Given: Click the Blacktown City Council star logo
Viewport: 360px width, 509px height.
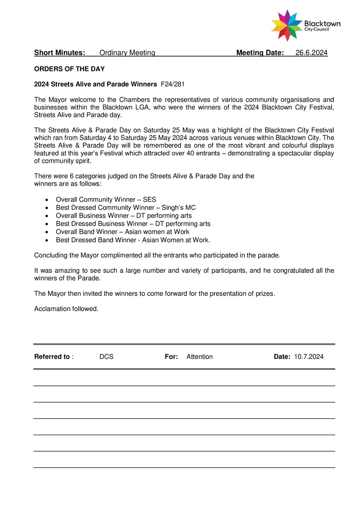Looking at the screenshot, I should pyautogui.click(x=287, y=26).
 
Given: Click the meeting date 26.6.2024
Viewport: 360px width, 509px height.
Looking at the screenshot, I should pyautogui.click(x=311, y=53).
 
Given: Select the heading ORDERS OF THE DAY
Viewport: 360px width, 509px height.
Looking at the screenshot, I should pyautogui.click(x=69, y=69).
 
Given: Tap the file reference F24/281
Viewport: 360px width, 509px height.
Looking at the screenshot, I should pyautogui.click(x=173, y=84).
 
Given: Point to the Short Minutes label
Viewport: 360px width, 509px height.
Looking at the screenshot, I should pyautogui.click(x=60, y=53).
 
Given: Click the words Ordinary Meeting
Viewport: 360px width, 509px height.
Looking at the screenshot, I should pyautogui.click(x=127, y=53).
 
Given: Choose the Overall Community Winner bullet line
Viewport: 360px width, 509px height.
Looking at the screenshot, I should pyautogui.click(x=106, y=199).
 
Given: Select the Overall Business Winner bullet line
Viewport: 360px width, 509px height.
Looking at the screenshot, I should pyautogui.click(x=123, y=216).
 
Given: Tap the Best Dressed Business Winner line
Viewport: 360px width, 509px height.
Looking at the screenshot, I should pyautogui.click(x=133, y=224).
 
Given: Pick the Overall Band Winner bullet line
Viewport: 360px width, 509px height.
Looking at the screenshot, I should pyautogui.click(x=122, y=232).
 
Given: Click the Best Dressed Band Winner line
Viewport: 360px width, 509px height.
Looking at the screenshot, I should pyautogui.click(x=133, y=240).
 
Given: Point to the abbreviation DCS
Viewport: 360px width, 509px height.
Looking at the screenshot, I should pyautogui.click(x=107, y=357).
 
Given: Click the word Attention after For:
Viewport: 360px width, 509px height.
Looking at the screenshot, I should pyautogui.click(x=199, y=357).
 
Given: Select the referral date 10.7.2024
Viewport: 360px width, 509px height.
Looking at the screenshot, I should pyautogui.click(x=309, y=357).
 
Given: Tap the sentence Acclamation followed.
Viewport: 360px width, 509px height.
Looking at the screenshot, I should pyautogui.click(x=66, y=309).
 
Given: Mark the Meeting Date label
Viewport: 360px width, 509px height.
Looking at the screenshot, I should pyautogui.click(x=260, y=53).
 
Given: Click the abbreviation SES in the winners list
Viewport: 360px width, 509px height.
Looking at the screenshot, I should pyautogui.click(x=149, y=199).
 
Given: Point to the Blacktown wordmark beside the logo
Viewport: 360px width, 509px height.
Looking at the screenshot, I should pyautogui.click(x=322, y=24).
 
